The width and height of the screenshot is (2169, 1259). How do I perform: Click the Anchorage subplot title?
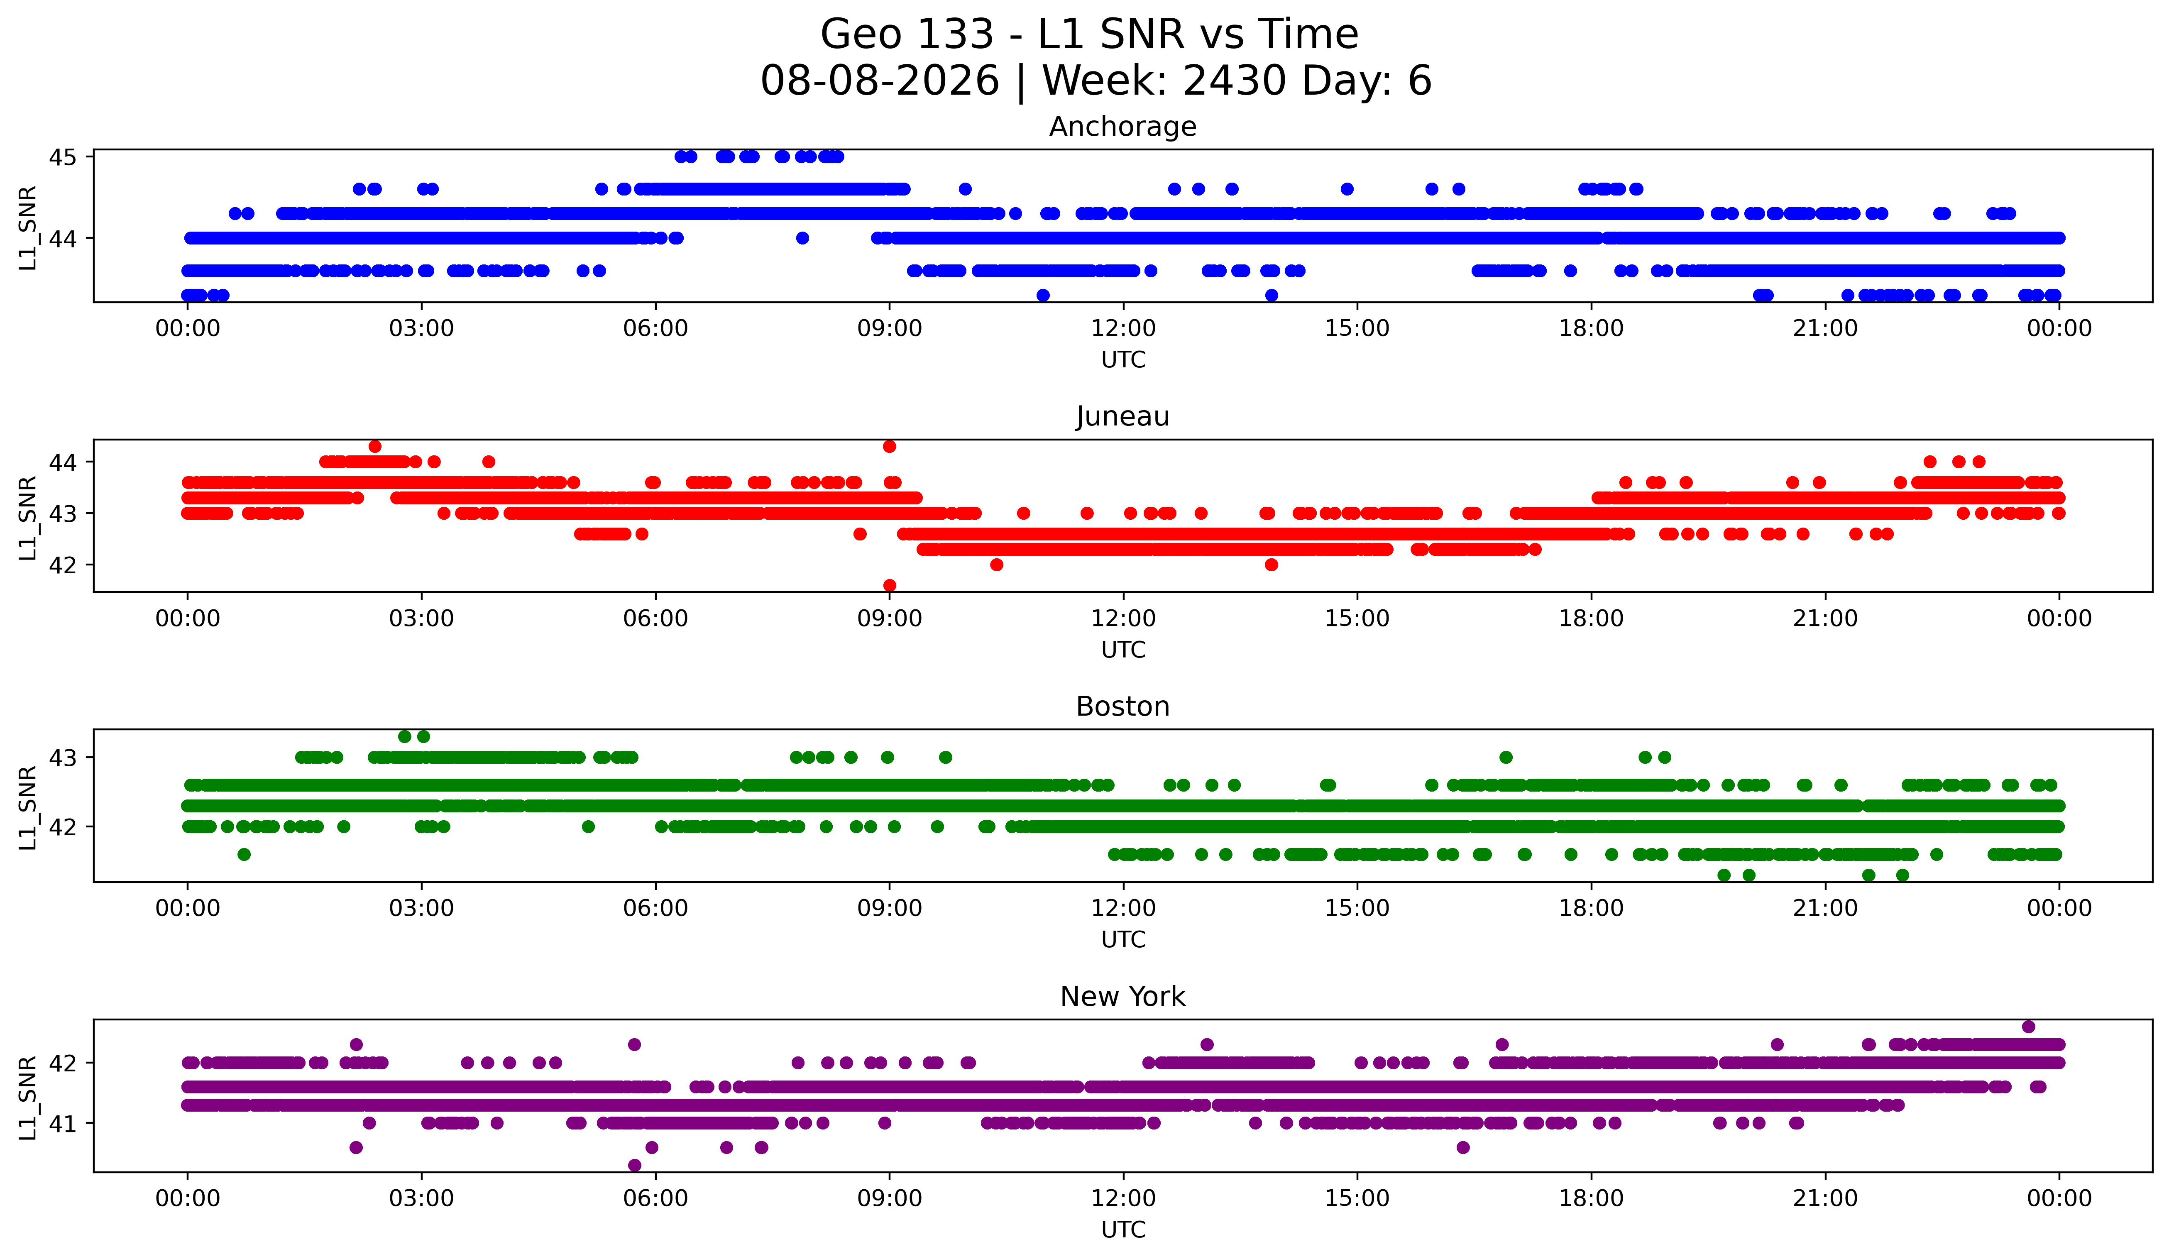pyautogui.click(x=1122, y=127)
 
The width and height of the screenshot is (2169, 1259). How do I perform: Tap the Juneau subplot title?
pyautogui.click(x=1122, y=416)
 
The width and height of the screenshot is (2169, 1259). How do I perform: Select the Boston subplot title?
pyautogui.click(x=1122, y=707)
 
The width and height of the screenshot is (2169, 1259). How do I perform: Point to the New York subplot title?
pyautogui.click(x=1122, y=997)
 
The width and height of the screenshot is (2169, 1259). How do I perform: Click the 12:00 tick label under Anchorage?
pyautogui.click(x=1123, y=329)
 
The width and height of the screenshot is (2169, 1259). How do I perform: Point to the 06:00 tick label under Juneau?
pyautogui.click(x=656, y=619)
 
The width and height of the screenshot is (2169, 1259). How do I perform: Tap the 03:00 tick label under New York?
pyautogui.click(x=422, y=1199)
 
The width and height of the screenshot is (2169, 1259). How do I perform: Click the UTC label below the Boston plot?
pyautogui.click(x=1123, y=940)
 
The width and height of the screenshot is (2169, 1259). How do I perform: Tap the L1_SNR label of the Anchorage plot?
pyautogui.click(x=27, y=228)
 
